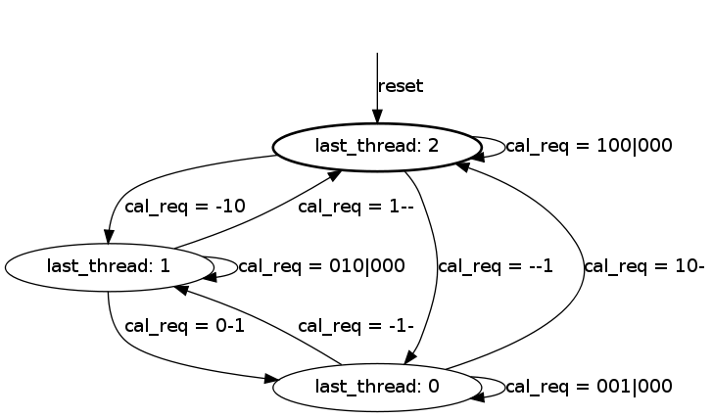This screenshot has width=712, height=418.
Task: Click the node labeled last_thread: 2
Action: (377, 147)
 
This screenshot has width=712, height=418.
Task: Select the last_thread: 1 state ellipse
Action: (109, 267)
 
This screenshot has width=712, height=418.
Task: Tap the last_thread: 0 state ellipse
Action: (377, 388)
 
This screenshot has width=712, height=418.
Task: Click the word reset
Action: (401, 86)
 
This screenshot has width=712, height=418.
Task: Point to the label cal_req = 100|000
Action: (589, 146)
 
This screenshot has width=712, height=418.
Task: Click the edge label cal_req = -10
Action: (185, 207)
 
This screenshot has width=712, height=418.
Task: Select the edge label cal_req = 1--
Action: (356, 207)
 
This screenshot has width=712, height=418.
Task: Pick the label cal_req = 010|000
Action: (321, 266)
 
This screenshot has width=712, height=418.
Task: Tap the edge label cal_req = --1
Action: (495, 266)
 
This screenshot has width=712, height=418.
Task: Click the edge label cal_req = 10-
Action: (643, 266)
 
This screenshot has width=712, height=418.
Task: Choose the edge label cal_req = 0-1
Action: (184, 326)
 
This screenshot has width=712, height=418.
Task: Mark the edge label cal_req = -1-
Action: (356, 326)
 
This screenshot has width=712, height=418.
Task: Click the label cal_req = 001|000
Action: (589, 387)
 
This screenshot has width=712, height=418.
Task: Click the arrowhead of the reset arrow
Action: (377, 116)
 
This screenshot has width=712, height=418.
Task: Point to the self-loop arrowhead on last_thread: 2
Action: (478, 157)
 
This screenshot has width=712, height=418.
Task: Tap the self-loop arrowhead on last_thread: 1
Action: (210, 276)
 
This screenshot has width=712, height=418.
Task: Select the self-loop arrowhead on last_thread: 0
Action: (478, 397)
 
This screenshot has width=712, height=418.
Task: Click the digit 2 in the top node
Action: (433, 146)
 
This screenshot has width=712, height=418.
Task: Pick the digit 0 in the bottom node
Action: (433, 387)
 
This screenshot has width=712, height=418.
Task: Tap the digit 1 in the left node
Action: (166, 266)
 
